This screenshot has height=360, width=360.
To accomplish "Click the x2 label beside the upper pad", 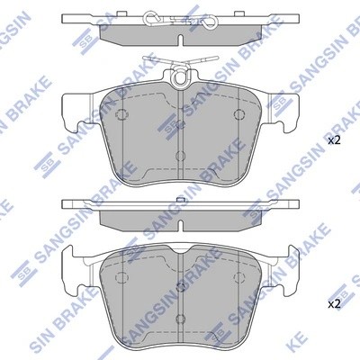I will click(333, 141).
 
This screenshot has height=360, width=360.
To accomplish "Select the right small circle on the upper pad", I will click(238, 114).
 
